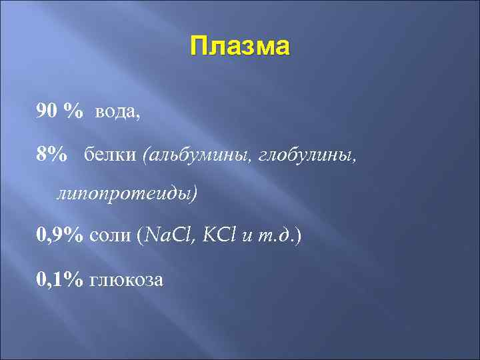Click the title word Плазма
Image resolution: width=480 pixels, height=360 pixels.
240,48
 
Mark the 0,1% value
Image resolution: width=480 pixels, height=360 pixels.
60,279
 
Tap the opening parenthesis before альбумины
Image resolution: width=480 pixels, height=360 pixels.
145,155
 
